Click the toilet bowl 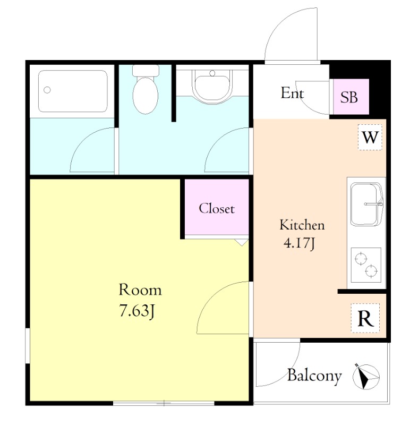145,95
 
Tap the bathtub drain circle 47,90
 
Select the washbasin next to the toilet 212,86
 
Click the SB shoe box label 349,97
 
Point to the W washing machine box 370,137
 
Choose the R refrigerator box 365,318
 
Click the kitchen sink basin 366,204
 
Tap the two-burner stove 366,265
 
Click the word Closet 217,208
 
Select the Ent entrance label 292,93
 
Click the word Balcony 314,376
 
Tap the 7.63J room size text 138,311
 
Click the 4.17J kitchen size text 300,243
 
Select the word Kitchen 302,225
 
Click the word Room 140,290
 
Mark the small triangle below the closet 241,242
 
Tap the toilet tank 146,70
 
